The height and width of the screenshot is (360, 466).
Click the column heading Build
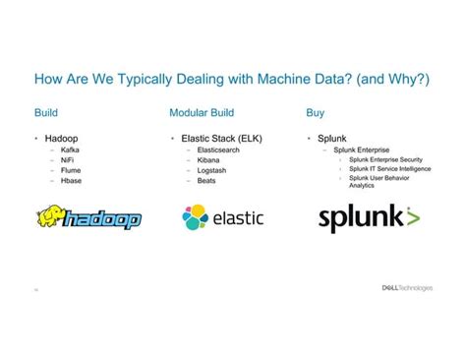45,112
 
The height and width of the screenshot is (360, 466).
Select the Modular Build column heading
202,112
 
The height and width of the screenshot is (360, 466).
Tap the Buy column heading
316,112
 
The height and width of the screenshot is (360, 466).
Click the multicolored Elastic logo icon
195,216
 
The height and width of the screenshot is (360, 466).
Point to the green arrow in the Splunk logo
412,216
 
